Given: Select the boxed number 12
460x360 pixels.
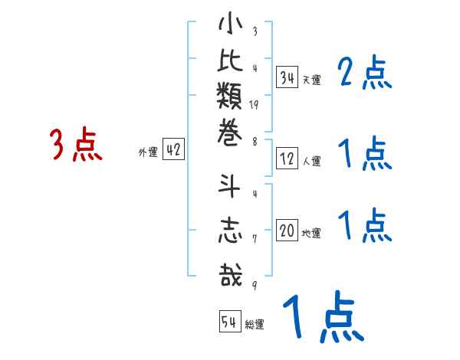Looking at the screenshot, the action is pyautogui.click(x=287, y=159).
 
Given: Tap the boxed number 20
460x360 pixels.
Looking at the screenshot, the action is pyautogui.click(x=287, y=231).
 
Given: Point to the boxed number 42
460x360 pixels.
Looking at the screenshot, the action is pyautogui.click(x=173, y=150).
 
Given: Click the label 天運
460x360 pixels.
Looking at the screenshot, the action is pyautogui.click(x=311, y=79).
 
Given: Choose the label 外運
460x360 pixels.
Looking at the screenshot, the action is pyautogui.click(x=148, y=152).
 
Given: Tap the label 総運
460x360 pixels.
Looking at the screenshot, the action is pyautogui.click(x=254, y=325).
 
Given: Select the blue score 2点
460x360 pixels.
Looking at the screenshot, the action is pyautogui.click(x=364, y=74).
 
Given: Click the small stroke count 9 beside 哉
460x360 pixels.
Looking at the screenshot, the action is pyautogui.click(x=254, y=284).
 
